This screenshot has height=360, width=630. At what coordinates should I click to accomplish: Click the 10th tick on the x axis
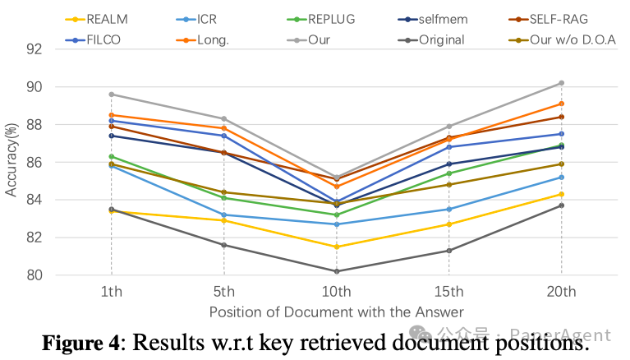(x=337, y=291)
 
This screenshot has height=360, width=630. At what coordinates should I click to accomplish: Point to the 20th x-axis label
(x=561, y=291)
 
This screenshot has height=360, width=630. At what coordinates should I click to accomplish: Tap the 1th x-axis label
(x=112, y=291)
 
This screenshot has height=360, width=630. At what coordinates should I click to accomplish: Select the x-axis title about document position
(x=337, y=312)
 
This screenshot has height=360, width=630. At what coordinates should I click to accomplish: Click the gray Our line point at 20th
(x=561, y=83)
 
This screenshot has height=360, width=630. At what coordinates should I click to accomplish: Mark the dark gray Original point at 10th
(x=337, y=271)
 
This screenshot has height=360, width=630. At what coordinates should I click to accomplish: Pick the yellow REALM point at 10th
(x=337, y=247)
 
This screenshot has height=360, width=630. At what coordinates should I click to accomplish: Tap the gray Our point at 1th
(x=112, y=95)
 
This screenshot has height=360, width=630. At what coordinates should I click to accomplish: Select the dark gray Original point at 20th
(x=561, y=205)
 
